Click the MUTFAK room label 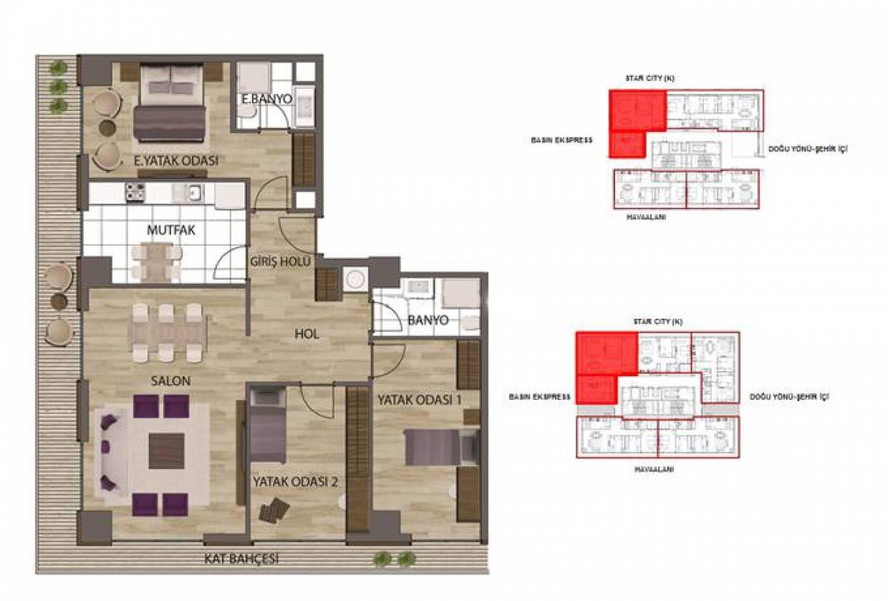pos(171,230)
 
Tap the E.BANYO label pos(267,99)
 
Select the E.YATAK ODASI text pos(176,161)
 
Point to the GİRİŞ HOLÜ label pos(280,261)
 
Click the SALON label pos(170,381)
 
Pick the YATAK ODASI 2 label pos(295,481)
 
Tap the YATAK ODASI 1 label pos(419,400)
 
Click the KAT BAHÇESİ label pos(241,559)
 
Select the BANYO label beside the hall pos(428,320)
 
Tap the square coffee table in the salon pos(166,451)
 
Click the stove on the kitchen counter pos(135,193)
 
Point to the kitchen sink pos(194,193)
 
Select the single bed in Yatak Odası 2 pos(268,425)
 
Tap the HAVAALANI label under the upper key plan pos(646,217)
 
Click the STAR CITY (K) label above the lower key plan pos(658,322)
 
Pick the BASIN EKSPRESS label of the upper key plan pos(561,140)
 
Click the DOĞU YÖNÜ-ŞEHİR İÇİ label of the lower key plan pos(790,396)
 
